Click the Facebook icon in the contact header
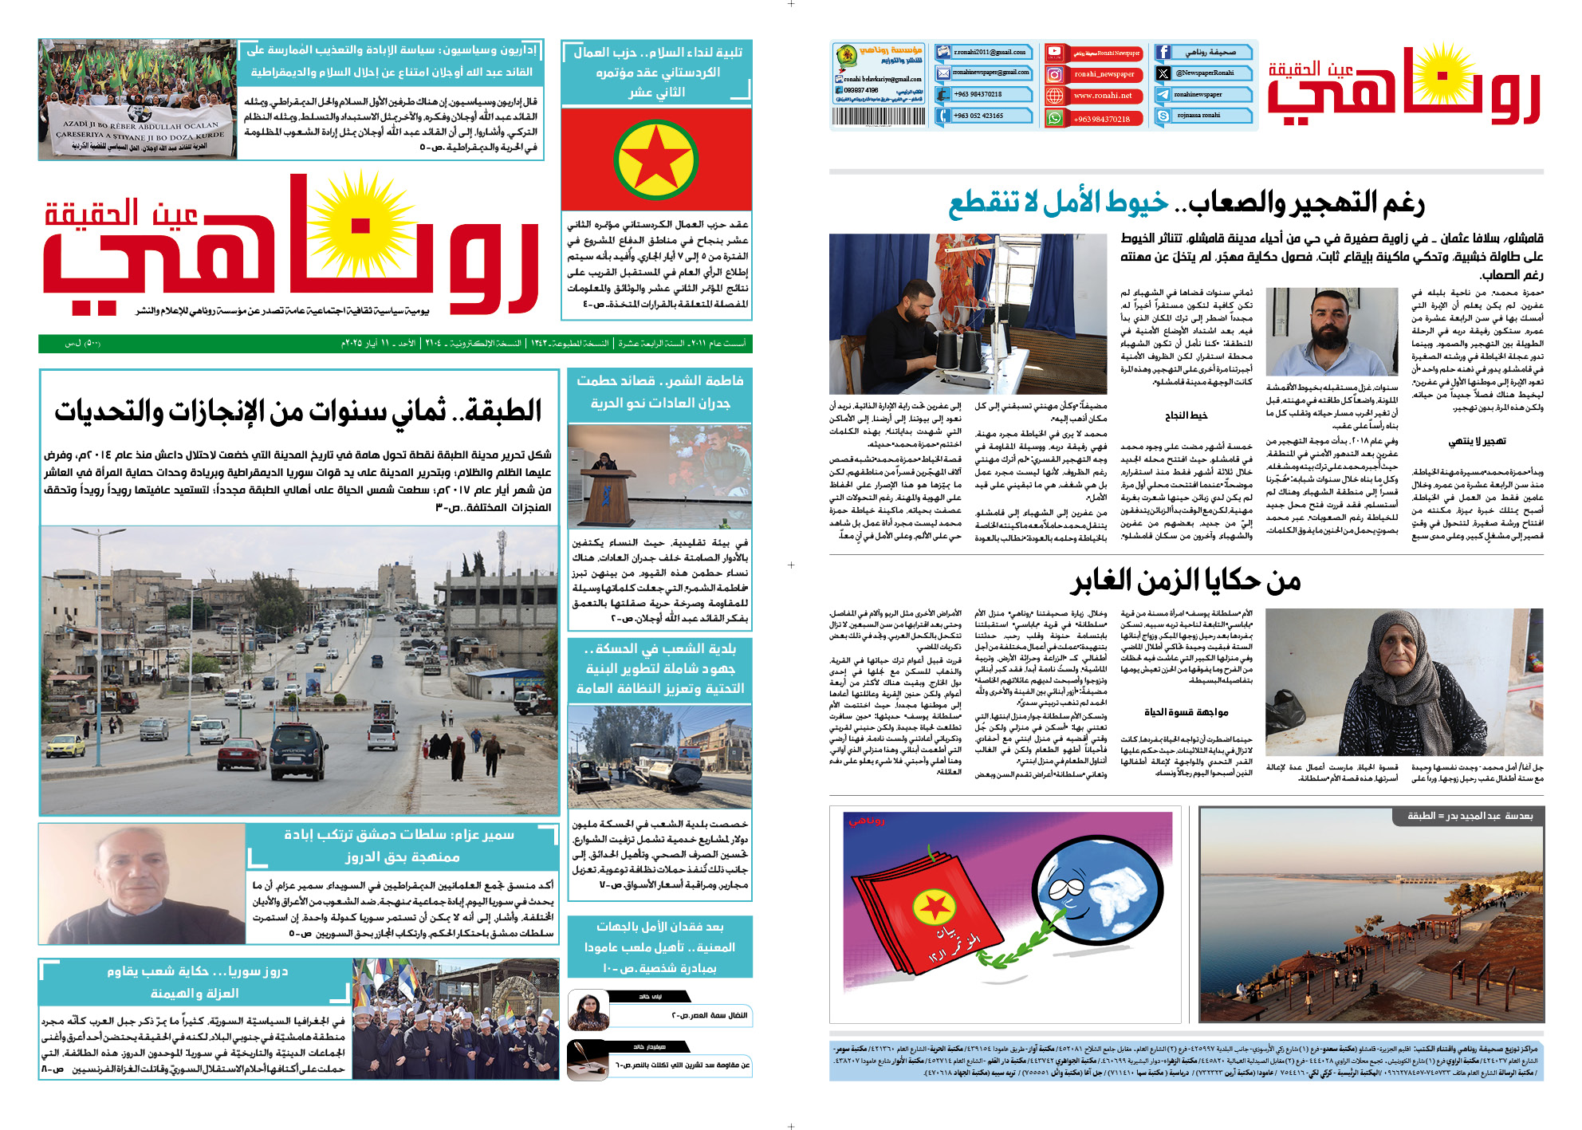[x=1163, y=53]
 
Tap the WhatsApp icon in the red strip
[x=1055, y=118]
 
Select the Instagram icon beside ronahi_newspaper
[x=1055, y=74]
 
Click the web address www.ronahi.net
[x=1103, y=96]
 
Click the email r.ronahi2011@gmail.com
[x=990, y=53]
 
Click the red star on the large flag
[x=655, y=159]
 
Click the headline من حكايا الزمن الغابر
[x=1186, y=581]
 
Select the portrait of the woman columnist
[x=588, y=1010]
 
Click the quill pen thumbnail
[x=588, y=1061]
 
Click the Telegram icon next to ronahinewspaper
[x=1163, y=95]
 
